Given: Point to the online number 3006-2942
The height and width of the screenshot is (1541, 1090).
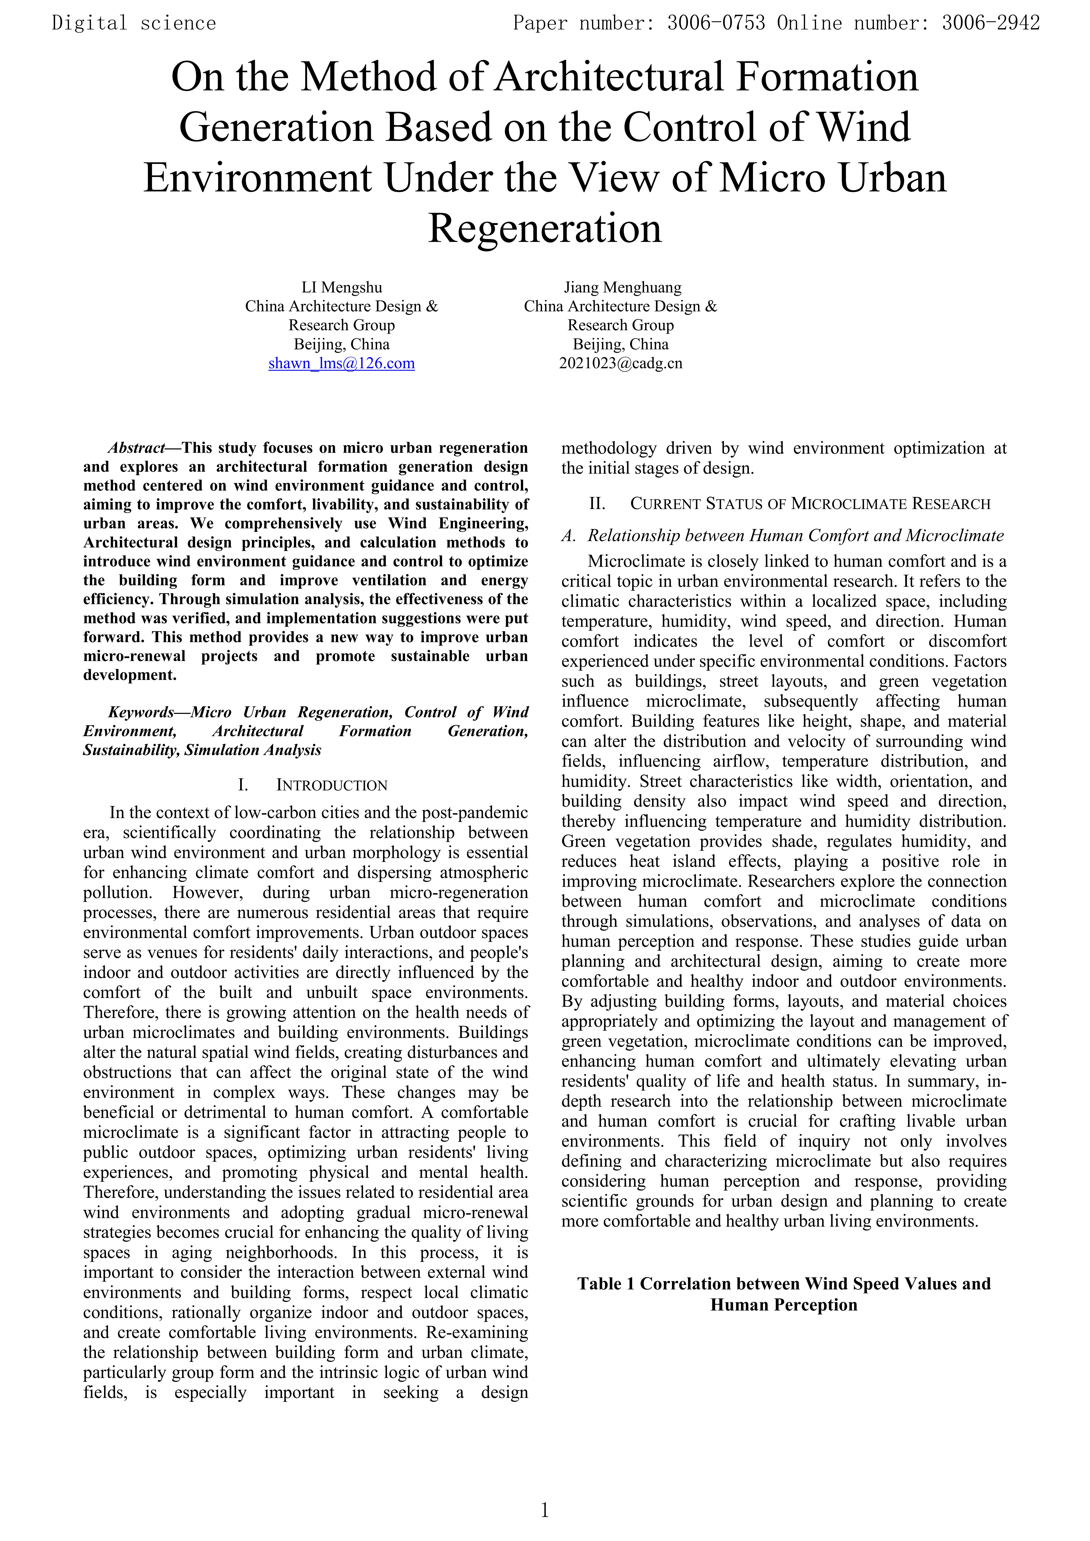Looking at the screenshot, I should point(990,24).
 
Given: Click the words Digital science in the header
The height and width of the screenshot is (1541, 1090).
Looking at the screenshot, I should point(134,24).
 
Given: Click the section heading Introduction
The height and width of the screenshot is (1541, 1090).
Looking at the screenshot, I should point(332,785).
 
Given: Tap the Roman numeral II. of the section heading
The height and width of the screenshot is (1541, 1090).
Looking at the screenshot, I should point(597,504).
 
